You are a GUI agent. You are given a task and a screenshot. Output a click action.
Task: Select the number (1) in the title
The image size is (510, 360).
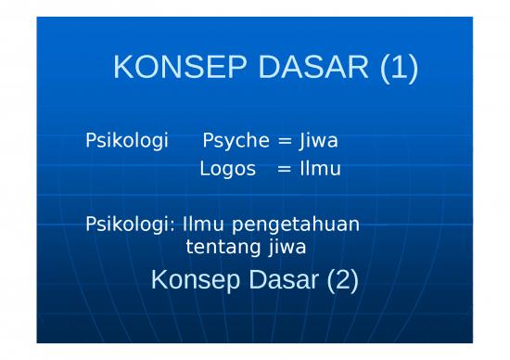click(x=398, y=68)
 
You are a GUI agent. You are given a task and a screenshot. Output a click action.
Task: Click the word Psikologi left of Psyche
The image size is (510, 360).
click(x=126, y=142)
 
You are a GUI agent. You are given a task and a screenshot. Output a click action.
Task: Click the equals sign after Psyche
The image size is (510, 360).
click(x=285, y=142)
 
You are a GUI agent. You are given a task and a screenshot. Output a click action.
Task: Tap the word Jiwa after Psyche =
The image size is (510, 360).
click(x=318, y=142)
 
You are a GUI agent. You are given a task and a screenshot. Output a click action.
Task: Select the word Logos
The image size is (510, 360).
click(x=227, y=169)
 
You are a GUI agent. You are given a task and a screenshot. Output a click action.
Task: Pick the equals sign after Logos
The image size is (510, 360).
click(x=284, y=169)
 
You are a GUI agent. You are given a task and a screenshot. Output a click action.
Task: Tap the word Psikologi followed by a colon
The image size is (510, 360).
click(x=130, y=224)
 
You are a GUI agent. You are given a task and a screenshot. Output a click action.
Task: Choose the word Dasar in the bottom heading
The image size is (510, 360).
click(x=280, y=279)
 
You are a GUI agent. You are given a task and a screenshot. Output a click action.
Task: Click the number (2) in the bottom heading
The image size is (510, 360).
click(x=341, y=279)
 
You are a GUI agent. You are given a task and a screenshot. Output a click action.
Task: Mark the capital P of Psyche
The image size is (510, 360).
click(x=208, y=142)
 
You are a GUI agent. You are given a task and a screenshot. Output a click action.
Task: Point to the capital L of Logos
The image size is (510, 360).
click(x=204, y=169)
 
